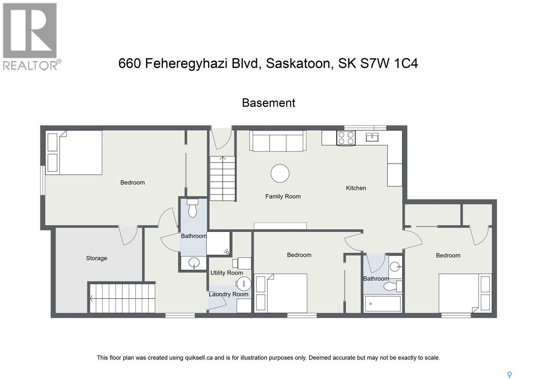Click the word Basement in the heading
click(x=268, y=103)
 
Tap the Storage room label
click(x=96, y=258)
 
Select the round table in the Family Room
click(x=280, y=173)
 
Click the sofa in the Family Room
click(x=278, y=141)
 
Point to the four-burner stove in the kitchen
click(x=346, y=138)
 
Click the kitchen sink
click(x=372, y=137)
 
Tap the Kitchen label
click(x=356, y=188)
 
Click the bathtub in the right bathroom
click(x=383, y=304)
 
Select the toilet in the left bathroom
click(x=192, y=208)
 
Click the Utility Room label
click(x=227, y=273)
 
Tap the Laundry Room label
click(x=229, y=294)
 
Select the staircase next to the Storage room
click(x=122, y=298)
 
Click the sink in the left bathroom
click(x=194, y=263)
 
